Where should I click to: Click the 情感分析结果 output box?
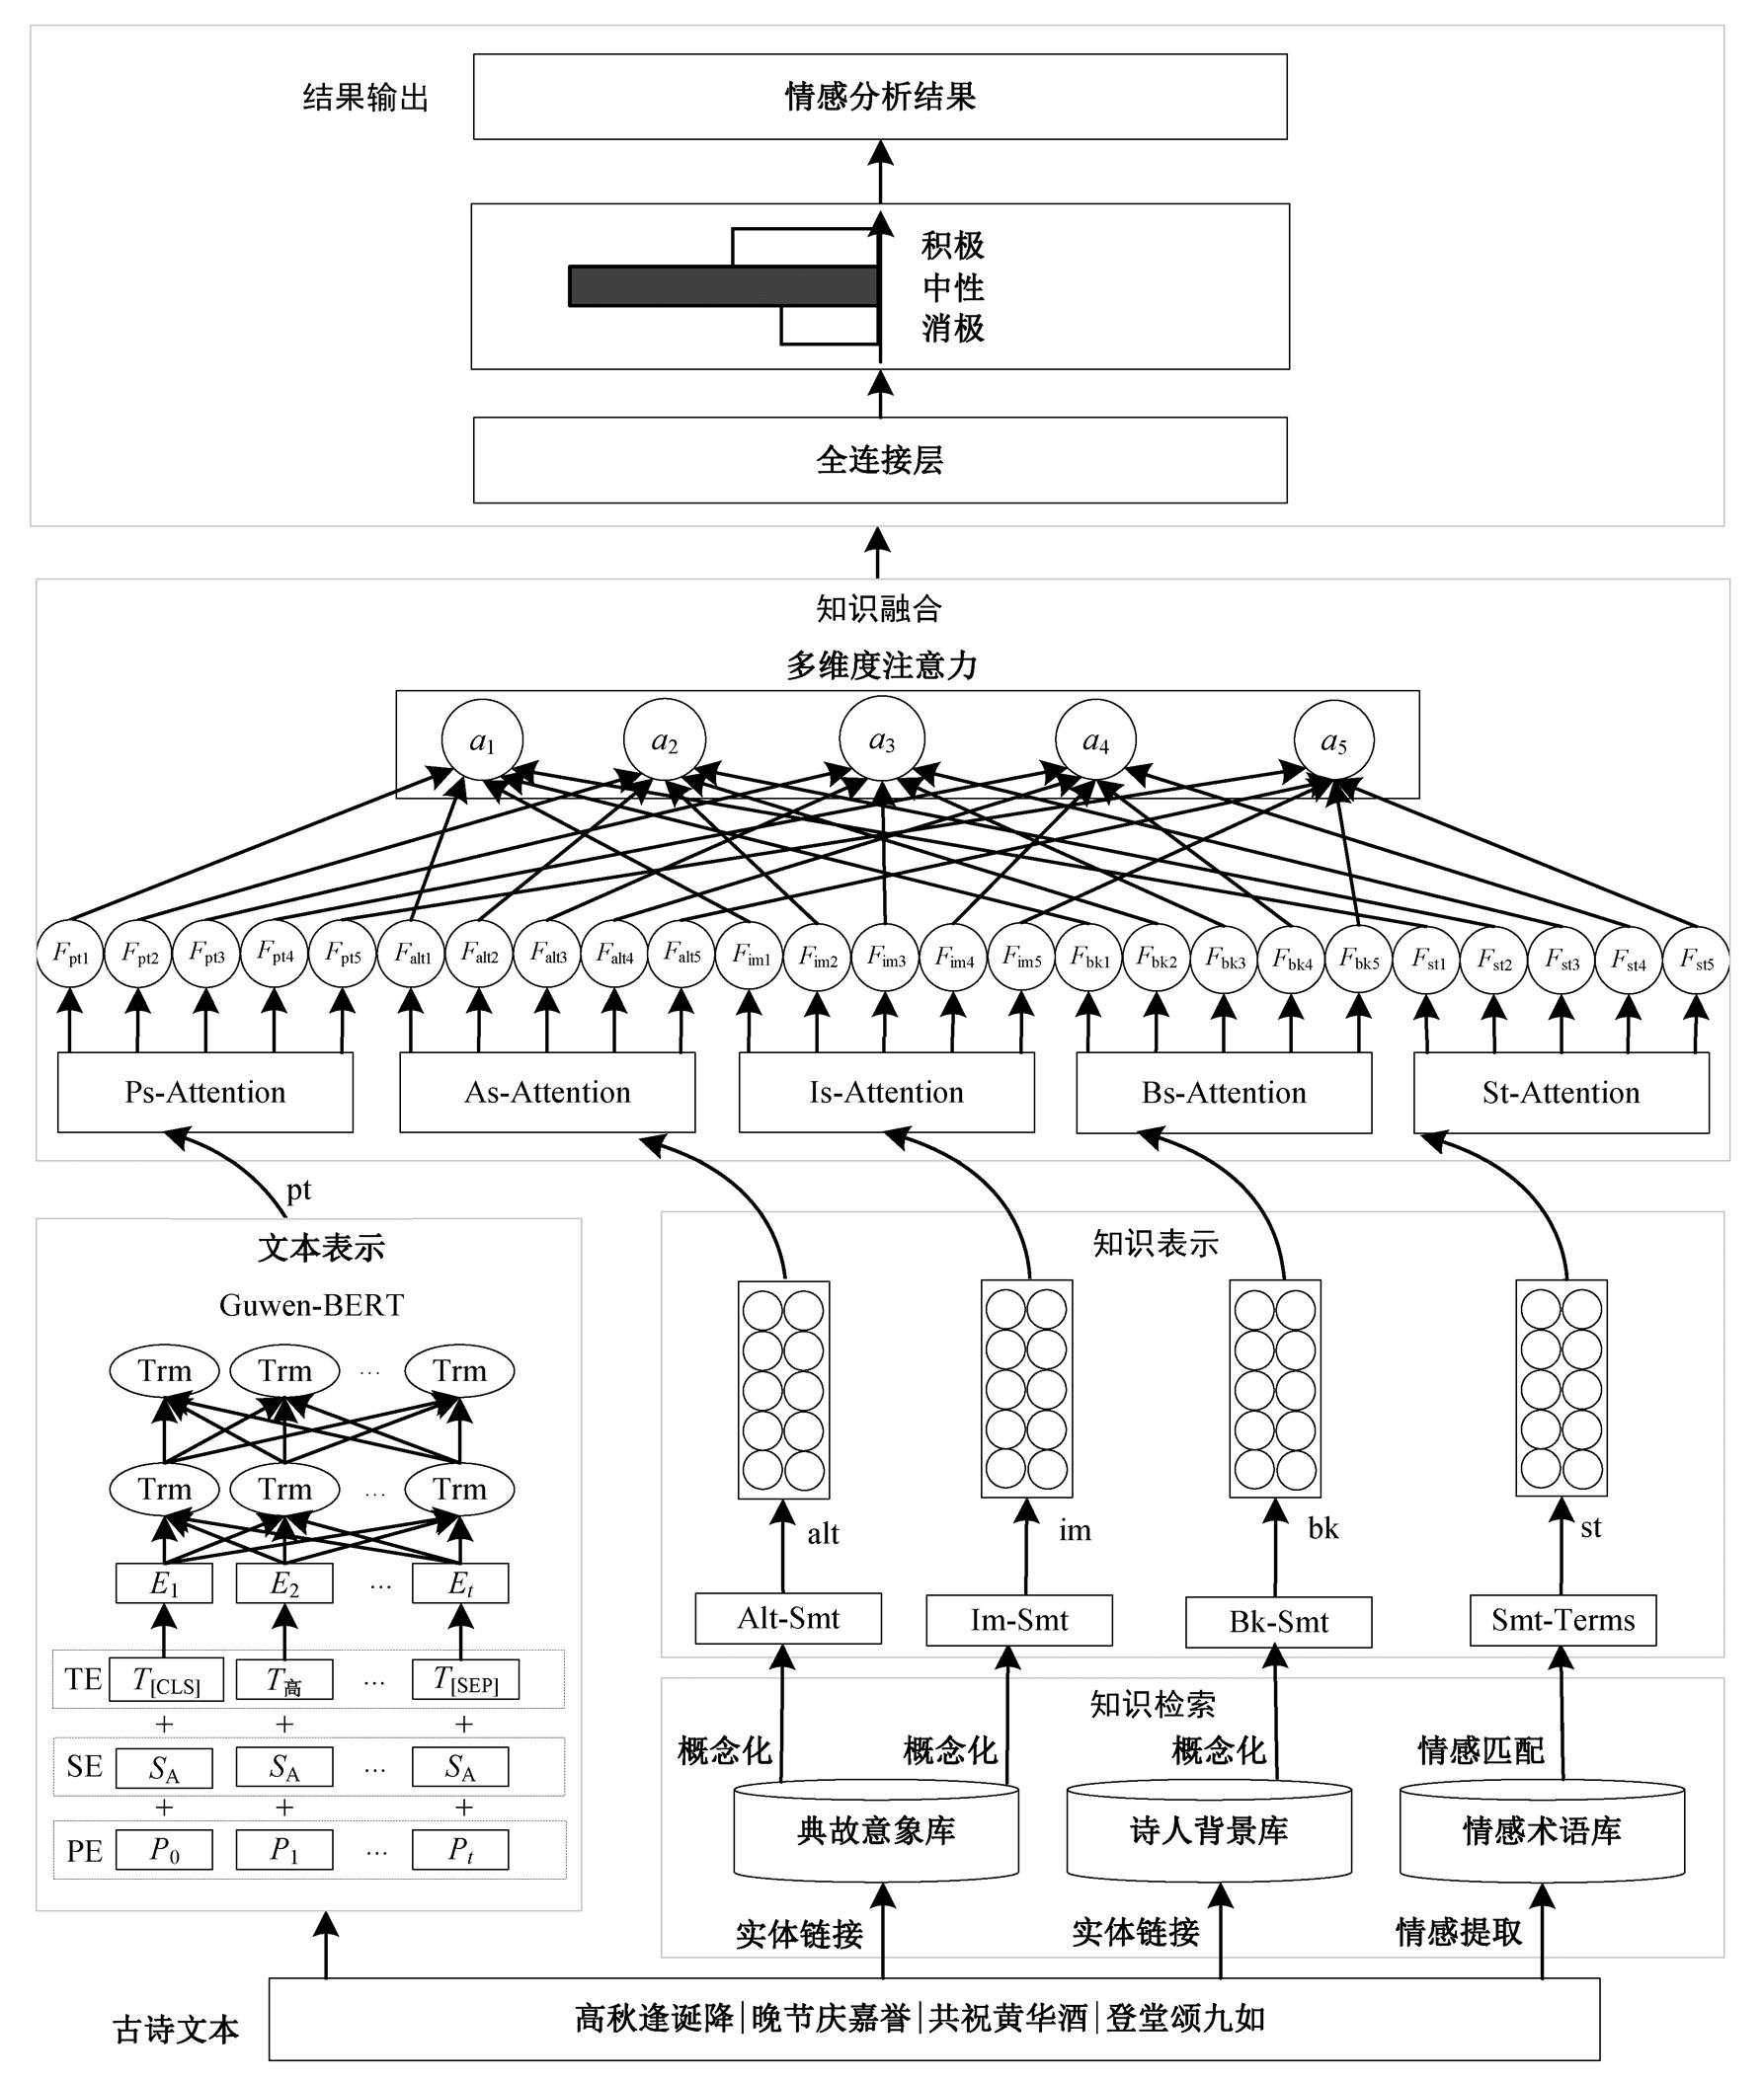879,97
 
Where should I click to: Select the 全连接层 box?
879,460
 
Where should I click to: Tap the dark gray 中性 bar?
723,286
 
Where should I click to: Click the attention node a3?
881,740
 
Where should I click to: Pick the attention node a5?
1333,741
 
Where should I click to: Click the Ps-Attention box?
204,1093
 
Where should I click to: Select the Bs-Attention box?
1224,1093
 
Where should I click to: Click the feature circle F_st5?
1696,960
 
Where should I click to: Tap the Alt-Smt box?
788,1619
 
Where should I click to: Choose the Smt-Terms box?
1562,1620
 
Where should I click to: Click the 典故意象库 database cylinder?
876,1830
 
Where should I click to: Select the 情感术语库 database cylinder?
1541,1830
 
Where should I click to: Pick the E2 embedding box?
284,1583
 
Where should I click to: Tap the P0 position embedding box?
165,1850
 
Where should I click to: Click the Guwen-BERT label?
311,1305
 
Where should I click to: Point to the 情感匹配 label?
1481,1749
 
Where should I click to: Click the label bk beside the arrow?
1322,1528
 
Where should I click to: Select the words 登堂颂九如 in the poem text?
1185,2018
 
